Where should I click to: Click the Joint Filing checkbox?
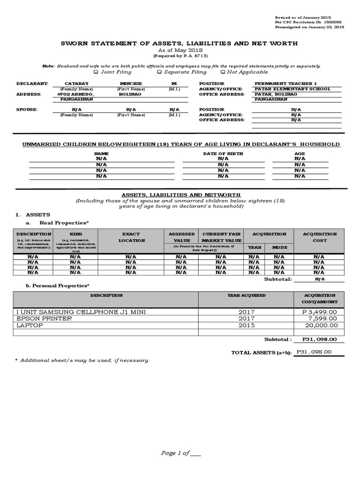[96, 72]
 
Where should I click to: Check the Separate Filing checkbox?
[159, 72]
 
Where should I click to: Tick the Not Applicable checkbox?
[222, 72]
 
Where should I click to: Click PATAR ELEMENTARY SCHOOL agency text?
[292, 89]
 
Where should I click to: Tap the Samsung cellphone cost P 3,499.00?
[319, 312]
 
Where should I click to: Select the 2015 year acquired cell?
[246, 325]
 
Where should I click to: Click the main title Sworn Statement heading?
[180, 44]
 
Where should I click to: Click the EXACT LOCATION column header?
[131, 237]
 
